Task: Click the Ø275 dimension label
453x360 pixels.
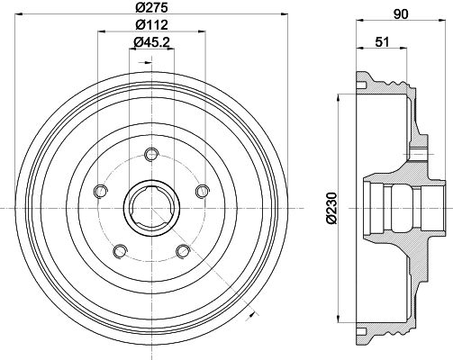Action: pos(151,7)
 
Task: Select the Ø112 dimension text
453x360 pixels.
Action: pos(151,24)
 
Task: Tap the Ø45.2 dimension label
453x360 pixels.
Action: pos(151,42)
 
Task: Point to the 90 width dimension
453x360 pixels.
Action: pos(401,14)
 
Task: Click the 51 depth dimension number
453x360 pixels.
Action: pos(382,42)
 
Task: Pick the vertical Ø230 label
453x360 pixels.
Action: pos(331,208)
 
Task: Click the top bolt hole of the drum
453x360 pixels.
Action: pos(151,155)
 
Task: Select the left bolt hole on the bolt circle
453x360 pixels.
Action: pos(101,192)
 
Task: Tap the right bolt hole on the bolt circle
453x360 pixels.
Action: pos(202,192)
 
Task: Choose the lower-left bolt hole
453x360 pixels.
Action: pos(120,251)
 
